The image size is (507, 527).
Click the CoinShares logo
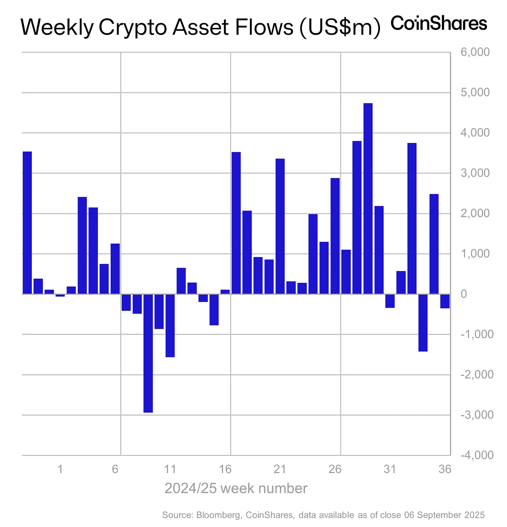pyautogui.click(x=439, y=24)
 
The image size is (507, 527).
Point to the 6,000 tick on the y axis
pyautogui.click(x=475, y=52)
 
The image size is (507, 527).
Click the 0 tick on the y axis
pyautogui.click(x=464, y=294)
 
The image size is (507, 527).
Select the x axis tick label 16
pyautogui.click(x=225, y=469)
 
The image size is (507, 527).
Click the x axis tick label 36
pyautogui.click(x=445, y=469)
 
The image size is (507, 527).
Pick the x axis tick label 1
pyautogui.click(x=60, y=469)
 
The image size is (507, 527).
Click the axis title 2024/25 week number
pyautogui.click(x=236, y=488)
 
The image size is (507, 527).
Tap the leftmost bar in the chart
pyautogui.click(x=27, y=223)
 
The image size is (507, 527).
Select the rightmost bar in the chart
pyautogui.click(x=445, y=301)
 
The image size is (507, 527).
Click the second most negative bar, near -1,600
pyautogui.click(x=170, y=325)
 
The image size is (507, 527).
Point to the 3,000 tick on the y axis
pyautogui.click(x=475, y=173)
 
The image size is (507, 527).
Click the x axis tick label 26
pyautogui.click(x=335, y=469)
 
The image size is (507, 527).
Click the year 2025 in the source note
pyautogui.click(x=475, y=515)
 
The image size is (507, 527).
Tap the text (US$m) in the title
pyautogui.click(x=340, y=28)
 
